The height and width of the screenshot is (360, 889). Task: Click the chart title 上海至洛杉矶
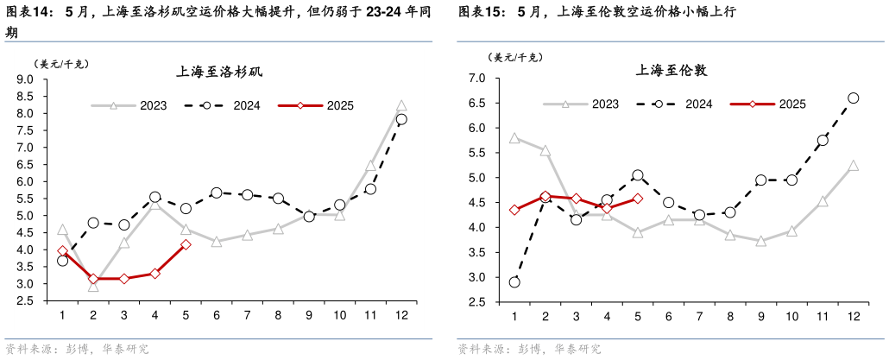[x=219, y=72]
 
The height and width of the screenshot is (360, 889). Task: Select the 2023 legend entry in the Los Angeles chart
[x=129, y=105]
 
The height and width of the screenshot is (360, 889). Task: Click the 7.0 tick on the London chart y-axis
[x=477, y=79]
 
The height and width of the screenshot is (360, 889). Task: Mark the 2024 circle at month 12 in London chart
[x=853, y=98]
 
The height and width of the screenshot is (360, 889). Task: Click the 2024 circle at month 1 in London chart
[x=514, y=282]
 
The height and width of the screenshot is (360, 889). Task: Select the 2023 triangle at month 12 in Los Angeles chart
[x=401, y=105]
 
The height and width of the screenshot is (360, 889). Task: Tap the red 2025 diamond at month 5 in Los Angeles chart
[x=186, y=244]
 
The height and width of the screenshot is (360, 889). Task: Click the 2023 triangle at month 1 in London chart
[x=514, y=137]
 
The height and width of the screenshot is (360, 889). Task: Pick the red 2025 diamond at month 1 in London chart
[x=514, y=210]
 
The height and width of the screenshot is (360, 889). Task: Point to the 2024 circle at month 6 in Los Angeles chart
[x=217, y=193]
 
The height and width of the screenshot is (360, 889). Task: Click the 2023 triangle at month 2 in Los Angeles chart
[x=93, y=286]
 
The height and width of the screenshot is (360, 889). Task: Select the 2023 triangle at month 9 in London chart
[x=760, y=241]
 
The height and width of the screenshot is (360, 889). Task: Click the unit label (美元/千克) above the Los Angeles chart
[x=61, y=64]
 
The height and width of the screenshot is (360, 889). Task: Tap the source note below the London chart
[x=529, y=350]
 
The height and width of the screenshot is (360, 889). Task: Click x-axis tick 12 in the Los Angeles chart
[x=401, y=315]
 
